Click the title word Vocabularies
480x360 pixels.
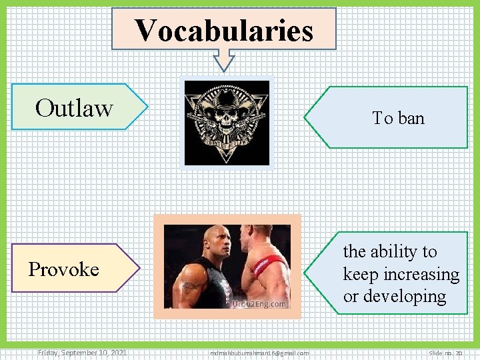pos(223,30)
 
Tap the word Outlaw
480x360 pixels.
pos(74,107)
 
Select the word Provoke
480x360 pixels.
pos(63,269)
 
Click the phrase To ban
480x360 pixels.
pos(398,118)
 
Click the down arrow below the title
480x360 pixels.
pos(223,61)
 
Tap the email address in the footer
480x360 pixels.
pos(259,353)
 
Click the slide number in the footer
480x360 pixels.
pos(446,353)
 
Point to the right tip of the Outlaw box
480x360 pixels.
pos(146,106)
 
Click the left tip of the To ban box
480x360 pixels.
pos(306,117)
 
